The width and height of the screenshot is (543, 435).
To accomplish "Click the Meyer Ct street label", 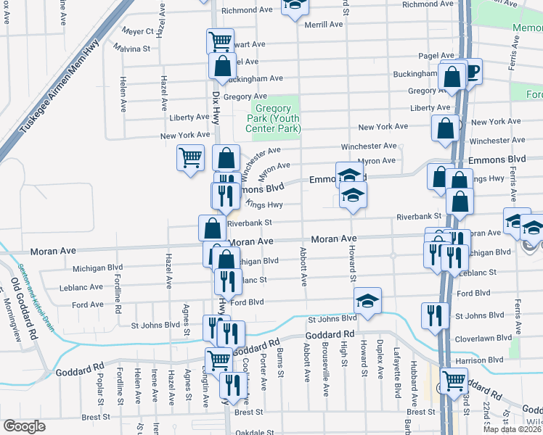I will point(138,31).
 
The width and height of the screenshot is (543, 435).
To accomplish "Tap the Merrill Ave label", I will point(324,24).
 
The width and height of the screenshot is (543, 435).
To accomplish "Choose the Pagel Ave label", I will point(436,56).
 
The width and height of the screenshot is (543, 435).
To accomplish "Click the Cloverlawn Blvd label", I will point(483,337).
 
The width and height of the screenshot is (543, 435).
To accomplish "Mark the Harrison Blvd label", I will point(481,360).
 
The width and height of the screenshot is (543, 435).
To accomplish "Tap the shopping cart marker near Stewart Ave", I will point(220,40).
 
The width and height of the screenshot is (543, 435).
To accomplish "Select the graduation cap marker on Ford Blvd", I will point(368,300).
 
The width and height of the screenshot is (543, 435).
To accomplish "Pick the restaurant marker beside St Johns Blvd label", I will point(434,315).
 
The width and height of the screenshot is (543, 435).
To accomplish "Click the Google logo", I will point(24,426).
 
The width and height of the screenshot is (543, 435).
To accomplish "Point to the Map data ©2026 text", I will point(513,429).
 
